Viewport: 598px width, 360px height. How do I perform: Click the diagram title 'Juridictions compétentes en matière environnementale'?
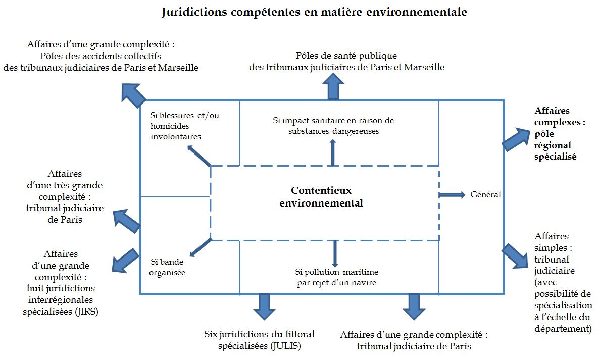(x=314, y=13)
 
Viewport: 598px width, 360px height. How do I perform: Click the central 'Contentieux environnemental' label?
(x=321, y=197)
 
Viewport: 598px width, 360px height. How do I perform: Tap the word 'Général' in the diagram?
(x=485, y=194)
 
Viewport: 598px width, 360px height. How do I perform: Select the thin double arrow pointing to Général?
(x=452, y=195)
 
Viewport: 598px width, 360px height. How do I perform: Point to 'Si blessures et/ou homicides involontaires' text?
(x=185, y=126)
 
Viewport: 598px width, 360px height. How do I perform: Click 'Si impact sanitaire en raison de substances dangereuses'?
(x=333, y=126)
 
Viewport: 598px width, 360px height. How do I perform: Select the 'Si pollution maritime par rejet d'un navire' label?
(x=336, y=277)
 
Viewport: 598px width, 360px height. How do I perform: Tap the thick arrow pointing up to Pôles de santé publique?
(x=333, y=86)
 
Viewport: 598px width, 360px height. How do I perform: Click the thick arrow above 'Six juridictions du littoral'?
(x=264, y=305)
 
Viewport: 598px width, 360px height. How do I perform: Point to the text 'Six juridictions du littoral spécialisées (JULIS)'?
(x=259, y=340)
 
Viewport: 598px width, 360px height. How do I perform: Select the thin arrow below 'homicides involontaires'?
(x=198, y=156)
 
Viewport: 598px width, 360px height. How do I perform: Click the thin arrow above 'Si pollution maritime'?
(x=334, y=253)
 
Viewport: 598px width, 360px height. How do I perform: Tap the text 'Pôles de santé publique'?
(x=346, y=56)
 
